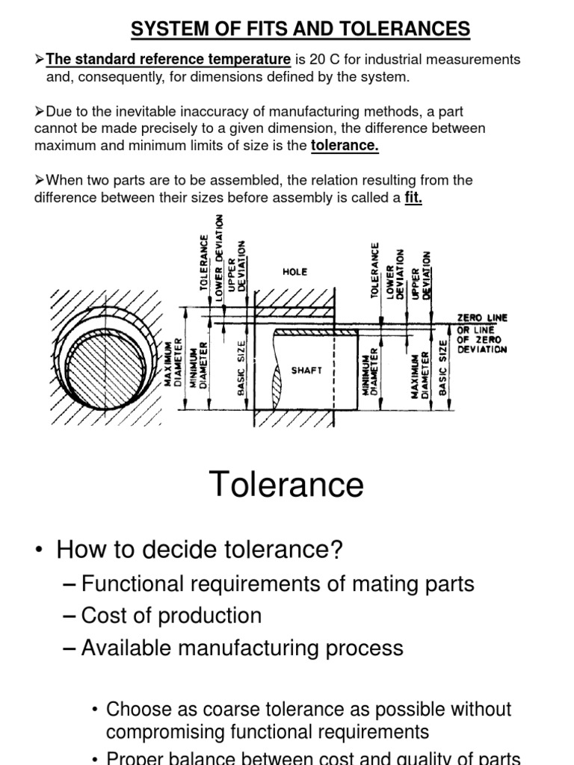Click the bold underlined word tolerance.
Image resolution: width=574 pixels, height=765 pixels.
click(x=345, y=146)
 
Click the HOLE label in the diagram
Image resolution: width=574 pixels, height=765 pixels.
click(x=294, y=272)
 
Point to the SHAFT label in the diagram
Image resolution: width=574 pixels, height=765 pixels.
click(x=307, y=371)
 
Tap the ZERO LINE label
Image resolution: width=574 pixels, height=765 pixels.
click(x=481, y=318)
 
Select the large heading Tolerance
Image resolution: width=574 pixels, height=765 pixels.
click(x=286, y=485)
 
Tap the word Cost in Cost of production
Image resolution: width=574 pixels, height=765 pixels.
click(x=103, y=616)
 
